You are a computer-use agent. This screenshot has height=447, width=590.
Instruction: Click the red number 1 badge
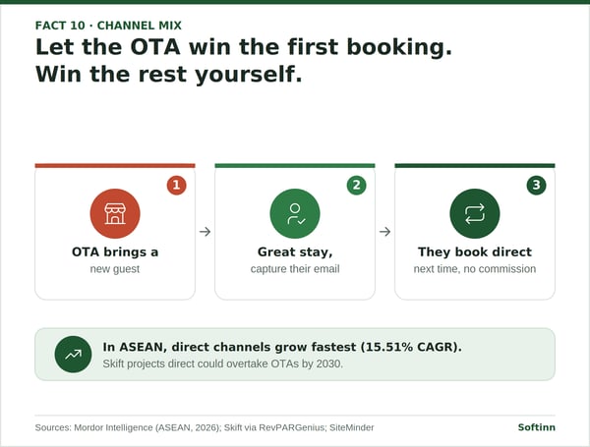(176, 185)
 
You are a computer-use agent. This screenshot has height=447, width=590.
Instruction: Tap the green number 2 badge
(356, 185)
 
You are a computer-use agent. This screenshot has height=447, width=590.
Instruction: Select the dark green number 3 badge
(536, 185)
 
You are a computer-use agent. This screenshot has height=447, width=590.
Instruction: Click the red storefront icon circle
(115, 213)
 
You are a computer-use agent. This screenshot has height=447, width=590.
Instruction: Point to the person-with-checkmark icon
(295, 213)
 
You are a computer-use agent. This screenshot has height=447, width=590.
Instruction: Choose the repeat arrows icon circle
(475, 213)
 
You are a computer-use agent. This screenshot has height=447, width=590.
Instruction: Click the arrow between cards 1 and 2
(206, 232)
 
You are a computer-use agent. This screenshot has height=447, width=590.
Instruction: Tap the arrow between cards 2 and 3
(384, 232)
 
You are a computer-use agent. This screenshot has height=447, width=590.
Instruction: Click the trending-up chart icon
(73, 354)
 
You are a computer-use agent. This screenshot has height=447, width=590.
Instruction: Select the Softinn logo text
(537, 427)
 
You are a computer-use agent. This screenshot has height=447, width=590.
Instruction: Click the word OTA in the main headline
(155, 47)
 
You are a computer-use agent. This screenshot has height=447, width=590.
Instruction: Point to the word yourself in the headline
(248, 75)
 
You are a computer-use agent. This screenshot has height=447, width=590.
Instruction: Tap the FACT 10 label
(60, 26)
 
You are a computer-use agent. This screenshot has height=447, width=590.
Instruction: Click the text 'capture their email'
(295, 269)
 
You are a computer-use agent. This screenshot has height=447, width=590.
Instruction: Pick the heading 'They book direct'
(475, 251)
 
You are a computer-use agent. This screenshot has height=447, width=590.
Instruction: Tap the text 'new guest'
(115, 269)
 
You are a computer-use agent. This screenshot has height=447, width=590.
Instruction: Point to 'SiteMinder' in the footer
(352, 427)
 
